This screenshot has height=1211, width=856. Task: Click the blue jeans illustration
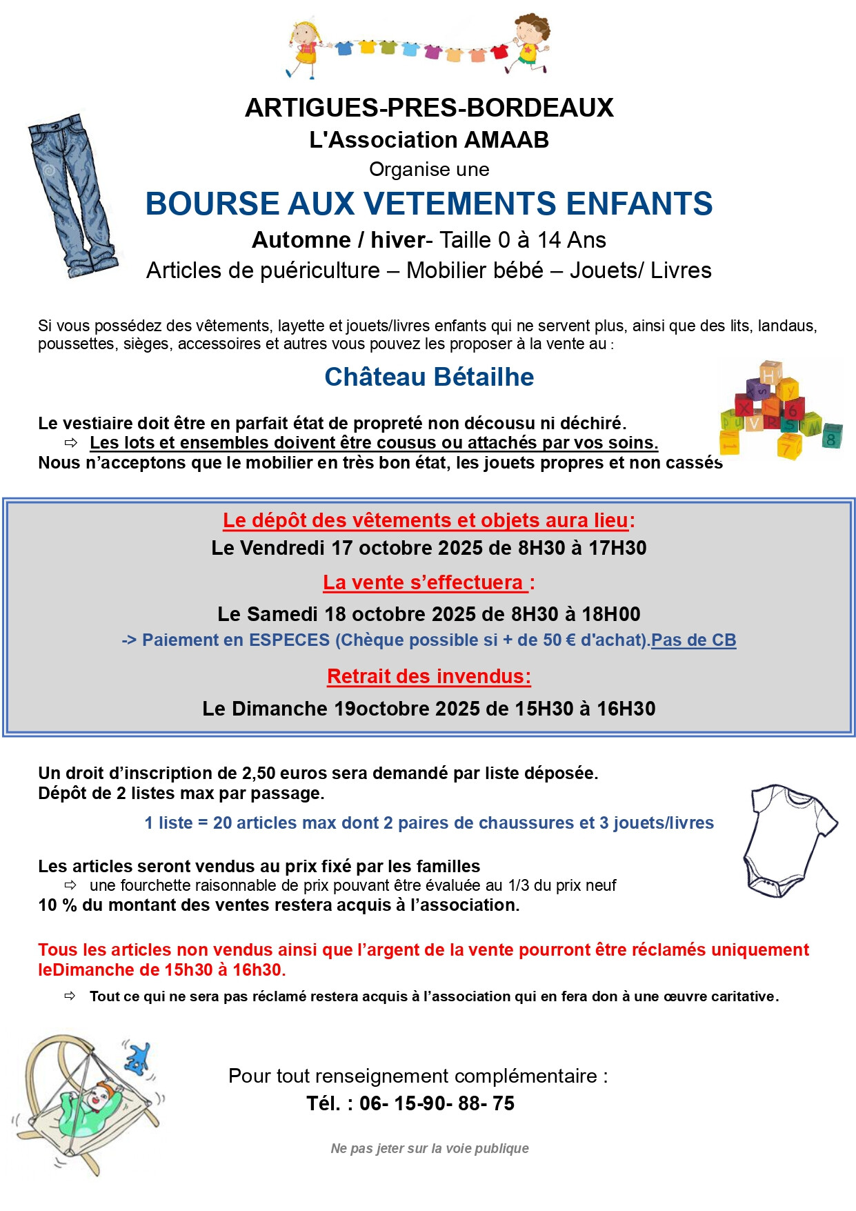click(x=73, y=196)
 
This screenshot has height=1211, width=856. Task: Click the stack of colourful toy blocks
click(x=779, y=411)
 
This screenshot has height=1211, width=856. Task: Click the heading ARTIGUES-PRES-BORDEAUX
click(x=428, y=108)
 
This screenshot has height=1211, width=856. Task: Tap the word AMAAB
click(x=506, y=140)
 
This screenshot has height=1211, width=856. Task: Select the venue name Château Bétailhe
click(x=429, y=377)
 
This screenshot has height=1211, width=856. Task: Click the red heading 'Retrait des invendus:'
click(x=429, y=676)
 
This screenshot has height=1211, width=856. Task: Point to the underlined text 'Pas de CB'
click(x=693, y=640)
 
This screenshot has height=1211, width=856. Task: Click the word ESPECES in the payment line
click(x=289, y=640)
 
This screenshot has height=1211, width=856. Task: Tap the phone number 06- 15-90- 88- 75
click(x=437, y=1103)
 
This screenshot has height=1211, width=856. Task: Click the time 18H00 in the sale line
click(x=611, y=614)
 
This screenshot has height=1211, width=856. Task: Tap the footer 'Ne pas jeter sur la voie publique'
click(x=429, y=1148)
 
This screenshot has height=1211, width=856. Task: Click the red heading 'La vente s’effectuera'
click(x=424, y=583)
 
